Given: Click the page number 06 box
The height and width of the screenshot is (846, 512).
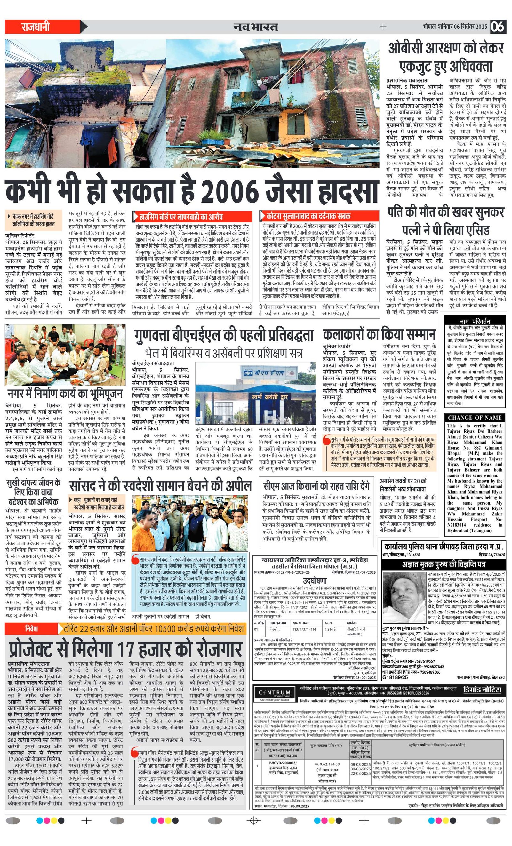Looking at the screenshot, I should coord(498,27).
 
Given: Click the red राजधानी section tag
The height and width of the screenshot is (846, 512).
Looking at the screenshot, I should coord(36,27).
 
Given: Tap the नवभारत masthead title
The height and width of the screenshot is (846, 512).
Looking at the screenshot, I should coord(256,27).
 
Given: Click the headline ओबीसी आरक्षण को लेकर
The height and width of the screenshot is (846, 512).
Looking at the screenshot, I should coord(446,48).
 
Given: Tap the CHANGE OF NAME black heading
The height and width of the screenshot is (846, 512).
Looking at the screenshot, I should coord(475,418).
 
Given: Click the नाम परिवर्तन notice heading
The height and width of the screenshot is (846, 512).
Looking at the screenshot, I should coord(475,322).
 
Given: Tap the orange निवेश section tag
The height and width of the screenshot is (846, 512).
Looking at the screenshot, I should coord(32,629).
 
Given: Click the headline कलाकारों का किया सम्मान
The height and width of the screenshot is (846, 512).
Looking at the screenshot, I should coord(379,334).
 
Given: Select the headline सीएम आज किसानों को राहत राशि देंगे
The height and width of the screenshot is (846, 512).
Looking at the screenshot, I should coord(316,486).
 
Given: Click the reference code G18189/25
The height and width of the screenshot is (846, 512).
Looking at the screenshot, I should coord(395,677).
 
